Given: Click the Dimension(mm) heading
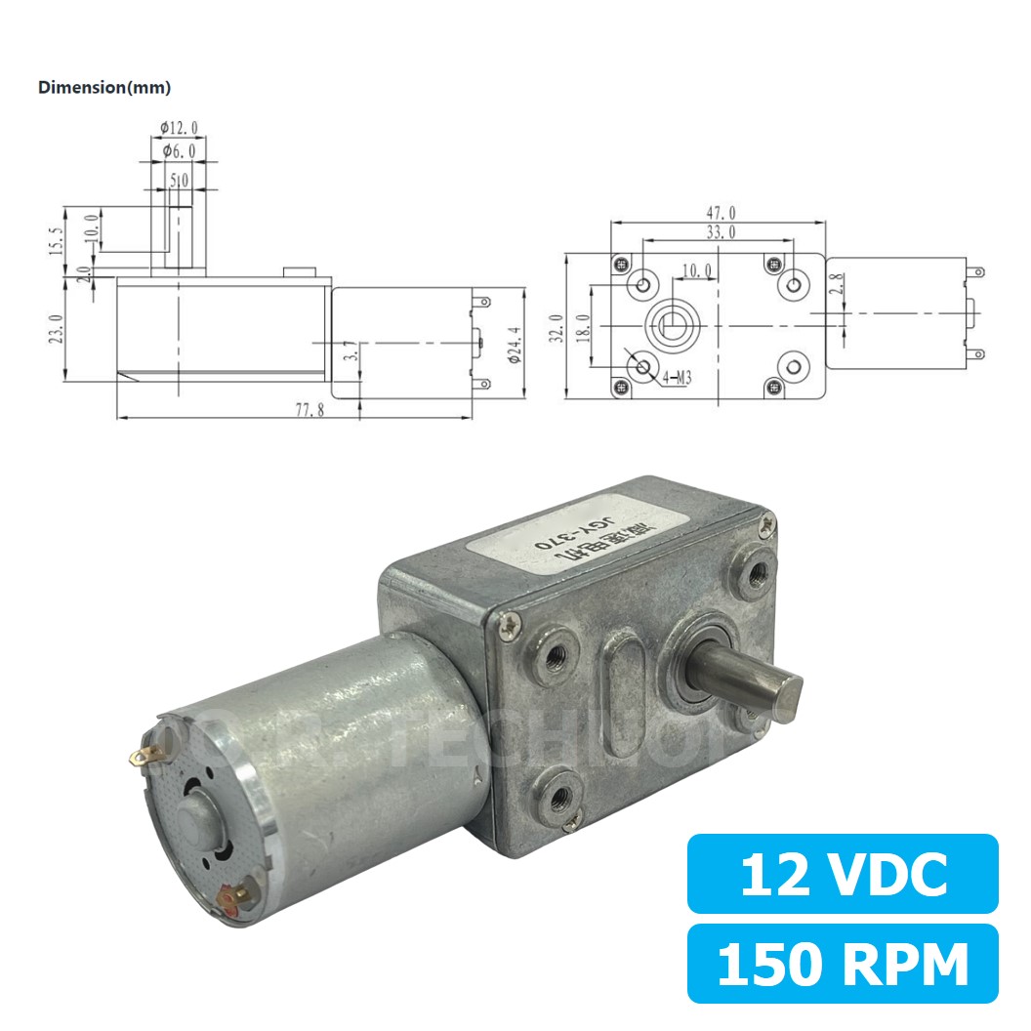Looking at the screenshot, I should (x=104, y=88).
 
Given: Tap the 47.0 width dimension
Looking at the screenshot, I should (x=719, y=212).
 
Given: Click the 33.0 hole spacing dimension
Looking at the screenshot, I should (x=719, y=231).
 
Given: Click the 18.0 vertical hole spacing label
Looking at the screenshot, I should (x=584, y=325).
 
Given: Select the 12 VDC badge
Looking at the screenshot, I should (x=843, y=874).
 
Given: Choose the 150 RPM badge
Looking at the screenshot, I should (x=843, y=964).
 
